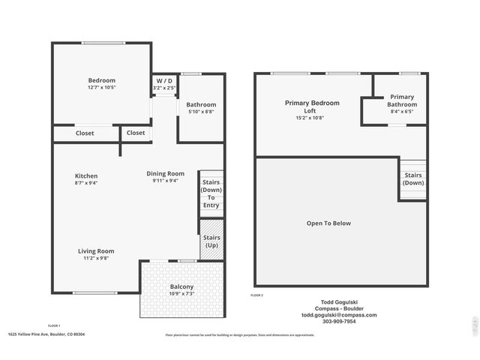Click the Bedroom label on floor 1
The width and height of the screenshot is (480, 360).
(x=102, y=80)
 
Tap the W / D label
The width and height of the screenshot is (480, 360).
(x=164, y=81)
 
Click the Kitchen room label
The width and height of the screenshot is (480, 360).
(x=86, y=176)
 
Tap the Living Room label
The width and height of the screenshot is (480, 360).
(x=96, y=251)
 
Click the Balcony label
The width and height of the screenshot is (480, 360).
(x=181, y=287)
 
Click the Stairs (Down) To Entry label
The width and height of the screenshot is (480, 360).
(x=211, y=193)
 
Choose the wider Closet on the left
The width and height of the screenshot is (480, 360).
(x=85, y=133)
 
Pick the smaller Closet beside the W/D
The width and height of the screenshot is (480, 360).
(x=136, y=133)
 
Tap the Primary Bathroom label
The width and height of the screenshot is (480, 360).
(x=401, y=100)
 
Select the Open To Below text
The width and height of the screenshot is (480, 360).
(x=328, y=223)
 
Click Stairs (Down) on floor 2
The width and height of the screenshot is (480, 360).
(x=413, y=179)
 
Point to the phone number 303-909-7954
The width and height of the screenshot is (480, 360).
(x=339, y=322)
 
